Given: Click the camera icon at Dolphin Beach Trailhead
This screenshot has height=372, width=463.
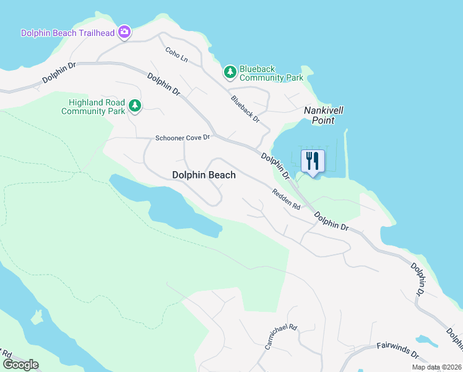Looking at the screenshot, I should click(124, 32).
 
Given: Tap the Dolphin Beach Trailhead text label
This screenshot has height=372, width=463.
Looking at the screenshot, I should click(68, 33).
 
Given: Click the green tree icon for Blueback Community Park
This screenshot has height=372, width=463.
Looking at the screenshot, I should click(230, 73).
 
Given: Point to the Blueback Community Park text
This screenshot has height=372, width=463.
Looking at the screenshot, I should click(271, 73).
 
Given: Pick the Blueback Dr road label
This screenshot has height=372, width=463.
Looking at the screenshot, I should click(245, 108).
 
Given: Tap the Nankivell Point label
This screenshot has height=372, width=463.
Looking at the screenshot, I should click(323, 115).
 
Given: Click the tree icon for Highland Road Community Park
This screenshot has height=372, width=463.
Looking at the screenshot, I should click(134, 107).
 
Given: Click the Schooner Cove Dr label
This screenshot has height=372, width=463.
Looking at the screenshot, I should click(183, 138).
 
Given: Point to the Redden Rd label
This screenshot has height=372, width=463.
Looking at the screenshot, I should click(286, 199).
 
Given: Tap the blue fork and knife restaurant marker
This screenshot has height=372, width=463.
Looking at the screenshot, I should click(313, 161).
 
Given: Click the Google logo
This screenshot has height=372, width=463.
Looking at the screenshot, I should click(20, 365).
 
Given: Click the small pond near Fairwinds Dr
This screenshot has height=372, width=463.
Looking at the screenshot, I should click(426, 341).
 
